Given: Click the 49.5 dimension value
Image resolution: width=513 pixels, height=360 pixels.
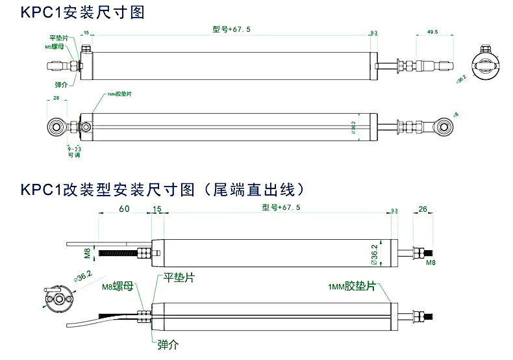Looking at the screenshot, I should pyautogui.click(x=432, y=31).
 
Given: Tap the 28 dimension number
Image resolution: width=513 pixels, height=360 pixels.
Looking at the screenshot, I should pyautogui.click(x=56, y=98).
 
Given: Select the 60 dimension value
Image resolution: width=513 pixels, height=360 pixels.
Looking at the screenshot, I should pyautogui.click(x=124, y=209).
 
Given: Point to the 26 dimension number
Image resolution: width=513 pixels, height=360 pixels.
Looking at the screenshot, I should pyautogui.click(x=423, y=209).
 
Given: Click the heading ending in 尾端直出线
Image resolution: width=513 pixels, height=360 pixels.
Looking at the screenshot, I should pyautogui.click(x=162, y=190).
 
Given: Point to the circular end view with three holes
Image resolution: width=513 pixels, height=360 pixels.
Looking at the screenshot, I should pyautogui.click(x=58, y=297).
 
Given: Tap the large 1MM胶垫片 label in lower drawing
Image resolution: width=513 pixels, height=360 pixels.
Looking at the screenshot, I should pyautogui.click(x=352, y=287).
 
